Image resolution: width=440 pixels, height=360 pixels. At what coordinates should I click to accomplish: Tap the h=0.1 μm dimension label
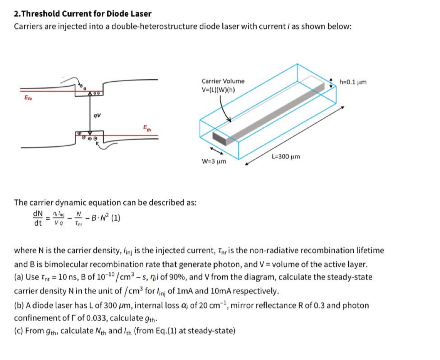click(353, 82)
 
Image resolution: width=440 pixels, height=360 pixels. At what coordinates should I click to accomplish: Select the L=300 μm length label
click(285, 156)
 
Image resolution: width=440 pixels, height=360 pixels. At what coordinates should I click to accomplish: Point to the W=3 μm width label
click(214, 161)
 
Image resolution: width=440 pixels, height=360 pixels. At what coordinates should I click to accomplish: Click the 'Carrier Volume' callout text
click(223, 81)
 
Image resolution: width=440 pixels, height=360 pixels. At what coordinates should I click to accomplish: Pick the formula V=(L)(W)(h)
click(218, 90)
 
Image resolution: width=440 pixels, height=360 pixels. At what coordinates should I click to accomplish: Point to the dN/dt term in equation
click(38, 218)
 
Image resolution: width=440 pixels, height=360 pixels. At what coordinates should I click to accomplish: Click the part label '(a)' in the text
click(18, 277)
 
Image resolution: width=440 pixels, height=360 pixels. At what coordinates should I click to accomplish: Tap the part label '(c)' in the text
click(18, 330)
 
